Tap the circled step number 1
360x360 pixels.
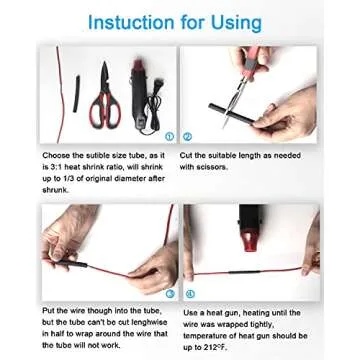coord(170,136)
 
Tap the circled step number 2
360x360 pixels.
coord(187,136)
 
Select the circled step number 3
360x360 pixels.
coord(170,293)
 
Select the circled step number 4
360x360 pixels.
coord(188,293)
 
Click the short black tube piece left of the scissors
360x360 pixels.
coord(73,96)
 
